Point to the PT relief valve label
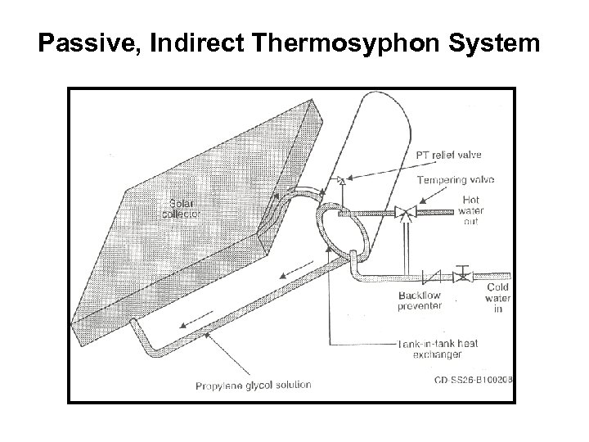click(448, 154)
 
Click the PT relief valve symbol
click(341, 179)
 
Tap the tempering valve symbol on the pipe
click(403, 213)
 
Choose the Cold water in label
click(497, 298)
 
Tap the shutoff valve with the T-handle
click(464, 274)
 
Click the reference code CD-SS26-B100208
click(473, 381)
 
